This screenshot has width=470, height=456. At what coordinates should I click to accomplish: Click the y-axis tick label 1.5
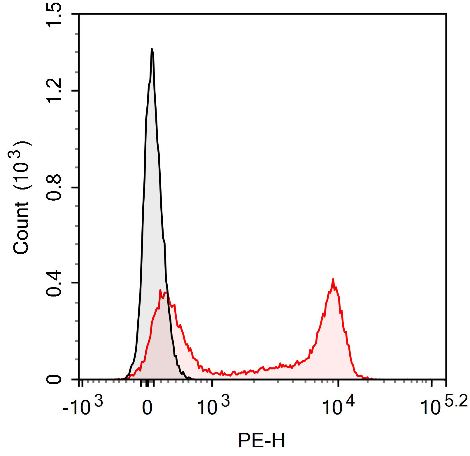(54, 15)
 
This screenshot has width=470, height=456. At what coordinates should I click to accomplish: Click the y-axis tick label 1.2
(54, 91)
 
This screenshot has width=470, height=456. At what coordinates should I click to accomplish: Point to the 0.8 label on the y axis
(54, 187)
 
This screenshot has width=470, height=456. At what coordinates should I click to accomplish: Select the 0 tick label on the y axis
(55, 379)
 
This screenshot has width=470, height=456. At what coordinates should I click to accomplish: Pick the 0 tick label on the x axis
(147, 408)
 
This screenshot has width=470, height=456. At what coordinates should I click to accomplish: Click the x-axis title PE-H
(262, 440)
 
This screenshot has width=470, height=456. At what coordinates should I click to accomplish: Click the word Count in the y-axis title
(21, 227)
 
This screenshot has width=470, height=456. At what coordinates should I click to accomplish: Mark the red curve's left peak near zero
(160, 290)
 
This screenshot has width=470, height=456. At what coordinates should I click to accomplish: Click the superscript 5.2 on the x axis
(457, 401)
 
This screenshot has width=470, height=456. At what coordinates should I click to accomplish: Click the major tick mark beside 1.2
(76, 91)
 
